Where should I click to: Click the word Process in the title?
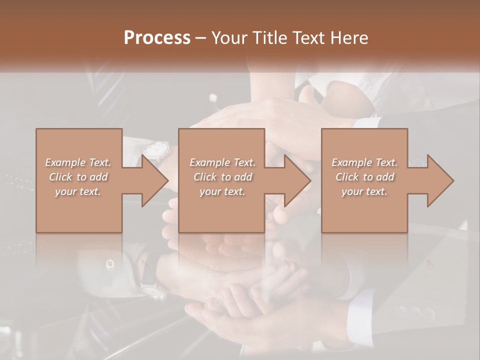157,37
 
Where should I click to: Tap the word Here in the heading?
348,37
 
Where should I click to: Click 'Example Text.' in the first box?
78,162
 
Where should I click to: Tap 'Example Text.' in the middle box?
222,162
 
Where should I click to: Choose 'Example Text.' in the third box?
364,162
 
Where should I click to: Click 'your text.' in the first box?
78,191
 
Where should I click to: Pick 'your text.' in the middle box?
222,191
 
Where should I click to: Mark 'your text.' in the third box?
364,191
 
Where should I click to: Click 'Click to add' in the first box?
78,177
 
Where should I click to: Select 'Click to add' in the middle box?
222,177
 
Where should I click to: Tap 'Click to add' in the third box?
364,177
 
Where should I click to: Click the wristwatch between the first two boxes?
156,149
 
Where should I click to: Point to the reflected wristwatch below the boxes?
152,290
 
